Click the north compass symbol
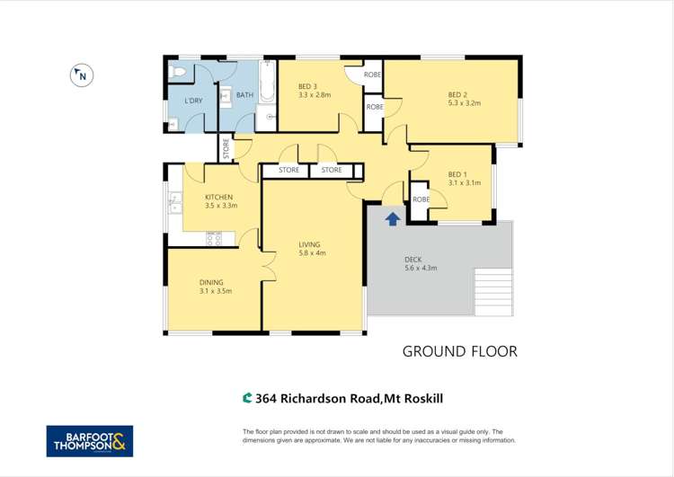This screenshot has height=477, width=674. pos(81,75)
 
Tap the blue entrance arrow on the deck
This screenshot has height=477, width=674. pos(392,217)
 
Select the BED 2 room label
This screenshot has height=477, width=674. pos(457,94)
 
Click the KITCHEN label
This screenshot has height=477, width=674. pos(218,197)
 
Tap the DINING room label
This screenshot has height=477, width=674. pos(212,282)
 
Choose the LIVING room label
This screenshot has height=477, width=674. pos(310,244)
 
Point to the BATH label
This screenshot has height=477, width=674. pos(245,94)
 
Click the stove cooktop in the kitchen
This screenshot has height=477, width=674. pos(214,239)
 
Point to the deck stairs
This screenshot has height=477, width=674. pos(492,290)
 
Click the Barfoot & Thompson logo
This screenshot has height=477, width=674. pos(90,440)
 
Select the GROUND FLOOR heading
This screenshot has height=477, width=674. pos(459,351)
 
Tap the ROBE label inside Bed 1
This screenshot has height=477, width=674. pos(420,199)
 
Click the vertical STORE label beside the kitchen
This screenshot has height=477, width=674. pos(226,149)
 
